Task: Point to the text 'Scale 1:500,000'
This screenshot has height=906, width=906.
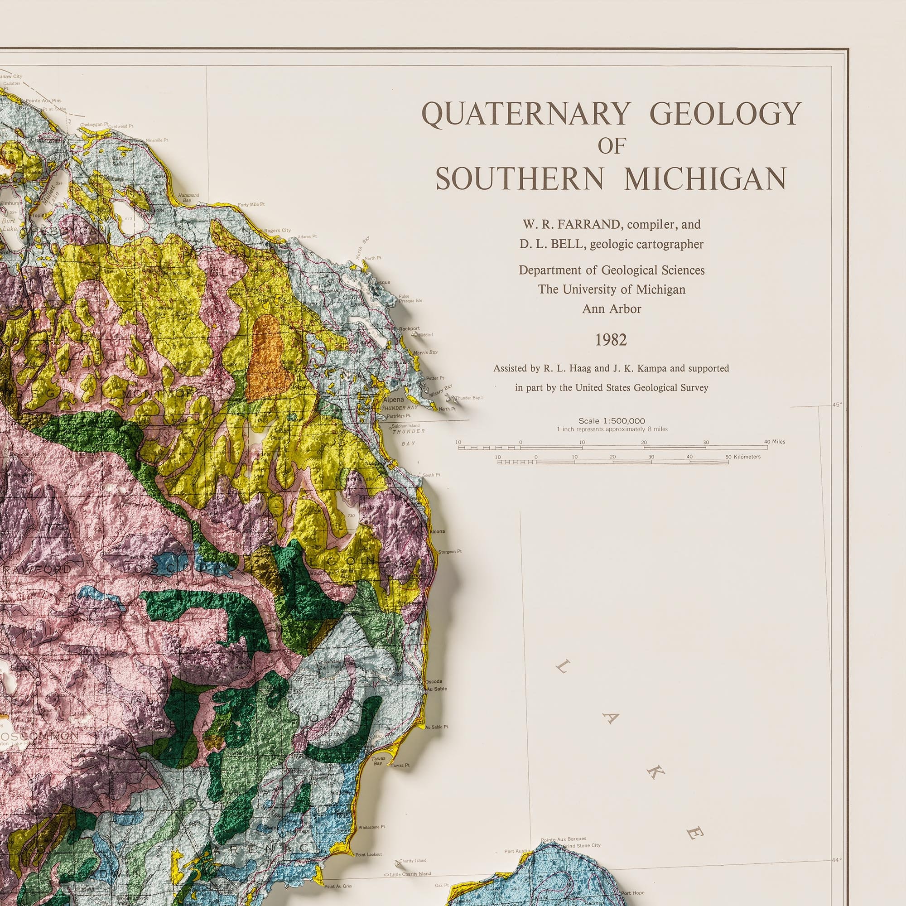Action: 612,421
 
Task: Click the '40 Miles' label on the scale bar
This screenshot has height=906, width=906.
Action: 774,442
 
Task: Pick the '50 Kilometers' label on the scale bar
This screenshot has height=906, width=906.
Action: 743,457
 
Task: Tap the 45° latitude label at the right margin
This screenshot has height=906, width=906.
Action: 837,405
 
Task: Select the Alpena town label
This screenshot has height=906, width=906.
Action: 393,400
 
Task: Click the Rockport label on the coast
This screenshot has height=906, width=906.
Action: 410,329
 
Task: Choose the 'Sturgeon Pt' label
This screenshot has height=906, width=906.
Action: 450,551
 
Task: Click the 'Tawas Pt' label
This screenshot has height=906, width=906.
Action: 400,765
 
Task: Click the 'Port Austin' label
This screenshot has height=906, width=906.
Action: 517,838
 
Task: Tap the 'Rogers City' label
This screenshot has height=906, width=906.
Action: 277,231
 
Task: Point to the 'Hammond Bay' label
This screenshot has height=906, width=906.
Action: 188,198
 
